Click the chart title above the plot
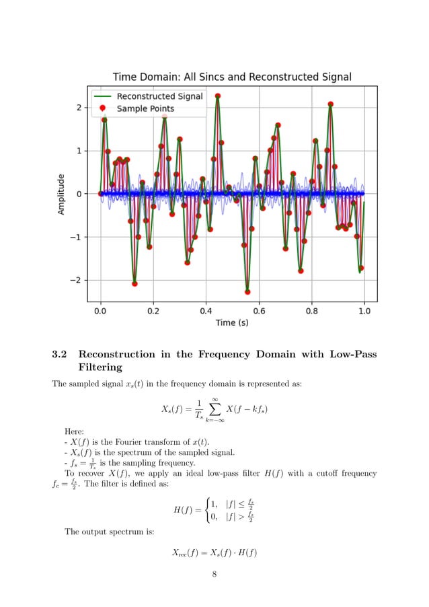(x=232, y=77)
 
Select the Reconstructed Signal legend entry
(x=159, y=96)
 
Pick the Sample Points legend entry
(x=145, y=108)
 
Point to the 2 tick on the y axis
(x=79, y=108)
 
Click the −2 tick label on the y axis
(x=77, y=280)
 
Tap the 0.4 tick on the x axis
(x=206, y=312)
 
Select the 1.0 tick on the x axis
(x=364, y=312)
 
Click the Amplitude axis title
(x=61, y=194)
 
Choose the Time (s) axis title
(x=232, y=323)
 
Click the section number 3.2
(x=60, y=355)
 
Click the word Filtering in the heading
(x=100, y=367)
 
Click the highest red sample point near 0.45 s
(x=218, y=96)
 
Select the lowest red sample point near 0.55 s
(x=247, y=292)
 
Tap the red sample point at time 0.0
(x=101, y=194)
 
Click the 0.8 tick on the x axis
(x=311, y=312)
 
